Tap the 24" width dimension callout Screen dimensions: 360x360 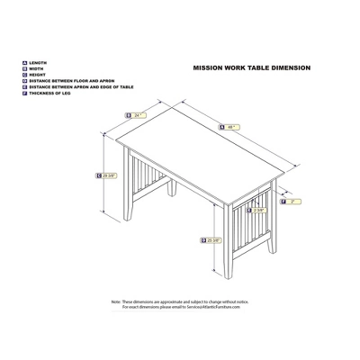pyautogui.click(x=137, y=114)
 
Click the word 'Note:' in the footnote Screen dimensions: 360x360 pyautogui.click(x=116, y=301)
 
